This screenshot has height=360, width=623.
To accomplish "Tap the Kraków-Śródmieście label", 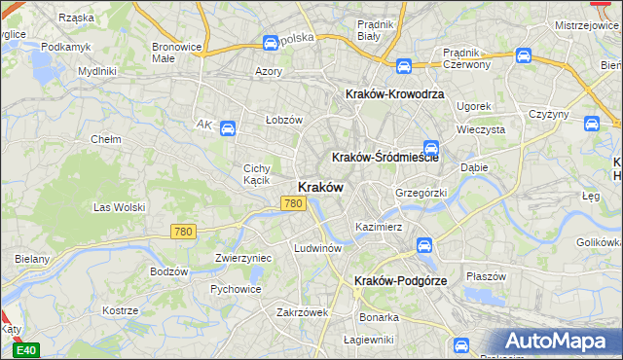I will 385,157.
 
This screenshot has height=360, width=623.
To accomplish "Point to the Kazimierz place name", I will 379,227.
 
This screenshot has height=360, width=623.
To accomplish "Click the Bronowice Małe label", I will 176,52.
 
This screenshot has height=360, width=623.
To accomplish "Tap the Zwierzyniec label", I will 242,258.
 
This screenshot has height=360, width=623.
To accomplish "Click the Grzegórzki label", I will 421,193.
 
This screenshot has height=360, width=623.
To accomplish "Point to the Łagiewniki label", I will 369,340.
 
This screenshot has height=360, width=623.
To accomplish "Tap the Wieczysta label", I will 481,128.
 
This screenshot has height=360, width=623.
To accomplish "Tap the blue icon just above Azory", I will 270,43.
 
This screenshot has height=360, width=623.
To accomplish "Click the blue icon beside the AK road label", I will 227,127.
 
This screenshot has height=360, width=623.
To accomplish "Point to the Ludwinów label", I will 317,248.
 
